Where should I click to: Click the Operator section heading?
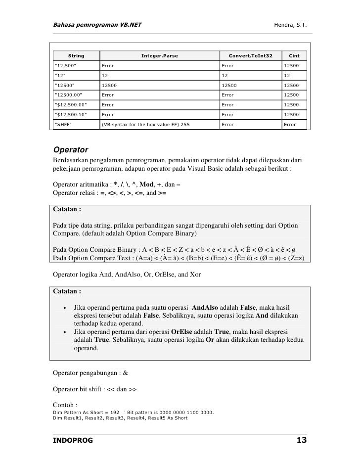[x=70, y=149]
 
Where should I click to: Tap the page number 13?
[x=301, y=440]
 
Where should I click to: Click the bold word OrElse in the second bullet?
[x=180, y=331]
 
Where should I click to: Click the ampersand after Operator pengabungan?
[x=125, y=373]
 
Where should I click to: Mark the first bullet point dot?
[x=65, y=308]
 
